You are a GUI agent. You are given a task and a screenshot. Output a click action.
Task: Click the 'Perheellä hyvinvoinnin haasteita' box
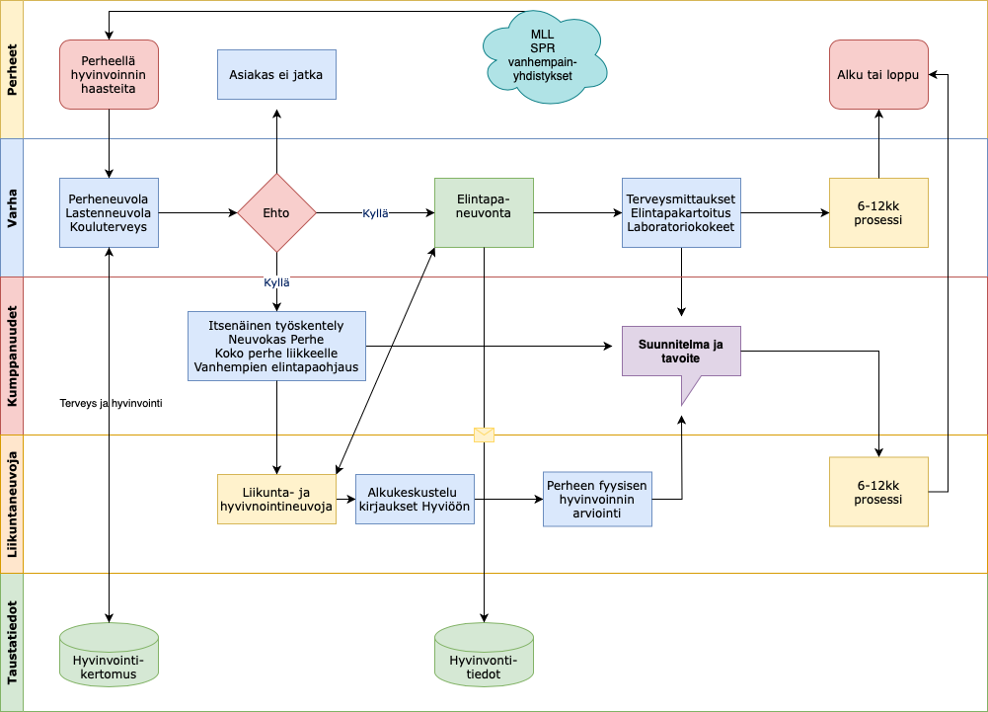coord(109,74)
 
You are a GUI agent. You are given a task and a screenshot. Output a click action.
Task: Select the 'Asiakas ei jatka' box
coord(276,74)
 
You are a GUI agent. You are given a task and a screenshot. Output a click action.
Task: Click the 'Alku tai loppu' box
coord(878,74)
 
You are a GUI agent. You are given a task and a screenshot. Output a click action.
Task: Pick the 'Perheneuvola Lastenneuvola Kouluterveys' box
coord(109,212)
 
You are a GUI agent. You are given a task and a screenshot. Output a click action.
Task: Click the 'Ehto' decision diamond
coord(276,212)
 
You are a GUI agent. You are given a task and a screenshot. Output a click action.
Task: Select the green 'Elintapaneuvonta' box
coord(484,212)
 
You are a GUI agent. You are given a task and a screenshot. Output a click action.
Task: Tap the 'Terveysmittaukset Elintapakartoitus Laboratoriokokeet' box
coord(681,212)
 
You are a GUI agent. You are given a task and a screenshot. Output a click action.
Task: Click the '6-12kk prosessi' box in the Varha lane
coord(878,212)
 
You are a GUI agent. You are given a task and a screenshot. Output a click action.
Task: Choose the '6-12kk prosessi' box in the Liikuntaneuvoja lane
coord(878,491)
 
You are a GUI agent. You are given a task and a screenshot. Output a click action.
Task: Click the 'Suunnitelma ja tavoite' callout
coord(681,353)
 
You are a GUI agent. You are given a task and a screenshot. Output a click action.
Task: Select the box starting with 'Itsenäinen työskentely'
coord(276,346)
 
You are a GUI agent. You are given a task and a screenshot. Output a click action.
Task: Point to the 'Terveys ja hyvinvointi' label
coord(111,403)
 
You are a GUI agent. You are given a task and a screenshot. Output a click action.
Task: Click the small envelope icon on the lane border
coord(484,435)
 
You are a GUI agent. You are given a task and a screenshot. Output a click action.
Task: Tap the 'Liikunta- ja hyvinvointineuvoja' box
coord(276,499)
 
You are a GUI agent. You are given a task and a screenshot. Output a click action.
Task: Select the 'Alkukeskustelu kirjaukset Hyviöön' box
coord(415,499)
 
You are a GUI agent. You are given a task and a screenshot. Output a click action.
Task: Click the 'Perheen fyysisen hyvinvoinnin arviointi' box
coord(597,499)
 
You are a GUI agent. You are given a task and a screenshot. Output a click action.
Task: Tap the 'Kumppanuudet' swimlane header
coord(12,356)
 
